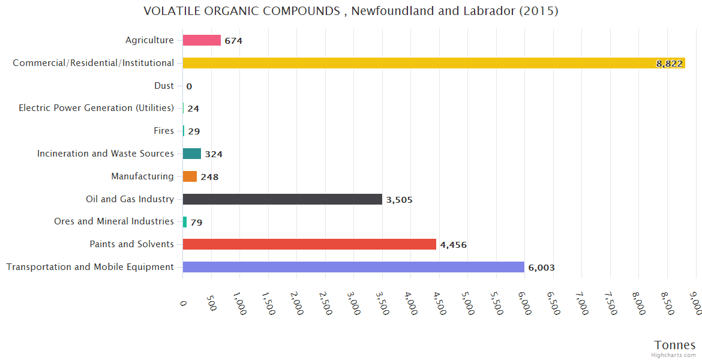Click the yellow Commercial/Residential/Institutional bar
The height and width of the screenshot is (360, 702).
coord(420,63)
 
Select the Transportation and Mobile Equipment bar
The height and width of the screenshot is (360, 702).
coord(353,267)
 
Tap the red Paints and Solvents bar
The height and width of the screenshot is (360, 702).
coord(309,244)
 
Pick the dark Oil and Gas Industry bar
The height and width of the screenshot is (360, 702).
coord(282,199)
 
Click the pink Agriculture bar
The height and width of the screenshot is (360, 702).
coord(202,40)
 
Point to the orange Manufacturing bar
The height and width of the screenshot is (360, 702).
coord(190,176)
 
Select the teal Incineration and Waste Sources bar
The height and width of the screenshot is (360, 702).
coord(191,154)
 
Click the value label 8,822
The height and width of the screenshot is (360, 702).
coord(669,64)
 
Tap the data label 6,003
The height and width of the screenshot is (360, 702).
coord(541,268)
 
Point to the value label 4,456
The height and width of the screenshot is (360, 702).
coord(453,245)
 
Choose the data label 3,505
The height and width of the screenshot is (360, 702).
coord(399,200)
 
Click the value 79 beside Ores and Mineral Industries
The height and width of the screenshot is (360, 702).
coord(196,223)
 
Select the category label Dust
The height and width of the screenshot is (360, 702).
coord(164,86)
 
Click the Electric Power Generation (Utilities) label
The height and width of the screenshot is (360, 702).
coord(96,108)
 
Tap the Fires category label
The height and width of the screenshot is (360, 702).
coord(164,131)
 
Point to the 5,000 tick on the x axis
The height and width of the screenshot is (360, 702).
coord(469,303)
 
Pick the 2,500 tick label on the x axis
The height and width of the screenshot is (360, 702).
coord(326,303)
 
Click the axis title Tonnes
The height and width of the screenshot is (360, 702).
coord(674,345)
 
